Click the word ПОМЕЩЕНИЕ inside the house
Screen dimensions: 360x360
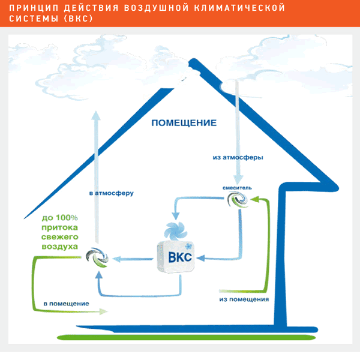(x=184, y=123)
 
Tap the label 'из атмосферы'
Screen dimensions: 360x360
(x=238, y=157)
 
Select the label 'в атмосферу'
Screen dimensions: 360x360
(x=110, y=193)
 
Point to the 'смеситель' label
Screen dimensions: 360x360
(x=237, y=188)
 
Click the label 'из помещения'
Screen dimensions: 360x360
(x=244, y=298)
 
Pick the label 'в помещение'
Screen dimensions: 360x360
(x=66, y=304)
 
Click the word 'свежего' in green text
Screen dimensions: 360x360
(x=59, y=237)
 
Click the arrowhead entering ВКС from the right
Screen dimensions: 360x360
(x=202, y=259)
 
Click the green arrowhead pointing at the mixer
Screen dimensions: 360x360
(x=254, y=203)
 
